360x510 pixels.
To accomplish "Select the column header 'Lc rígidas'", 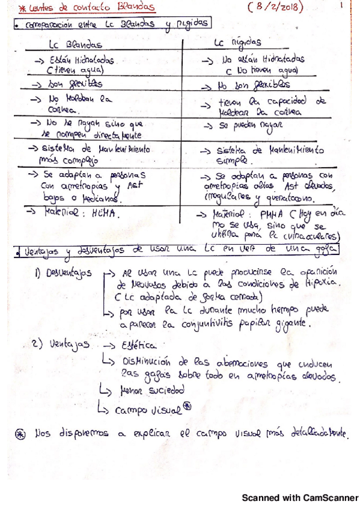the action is pyautogui.click(x=237, y=44).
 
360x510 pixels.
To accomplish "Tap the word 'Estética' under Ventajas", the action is pyautogui.click(x=138, y=346).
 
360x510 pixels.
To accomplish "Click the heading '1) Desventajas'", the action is pyautogui.click(x=63, y=273).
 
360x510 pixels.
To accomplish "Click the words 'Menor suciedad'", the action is pyautogui.click(x=152, y=390).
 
